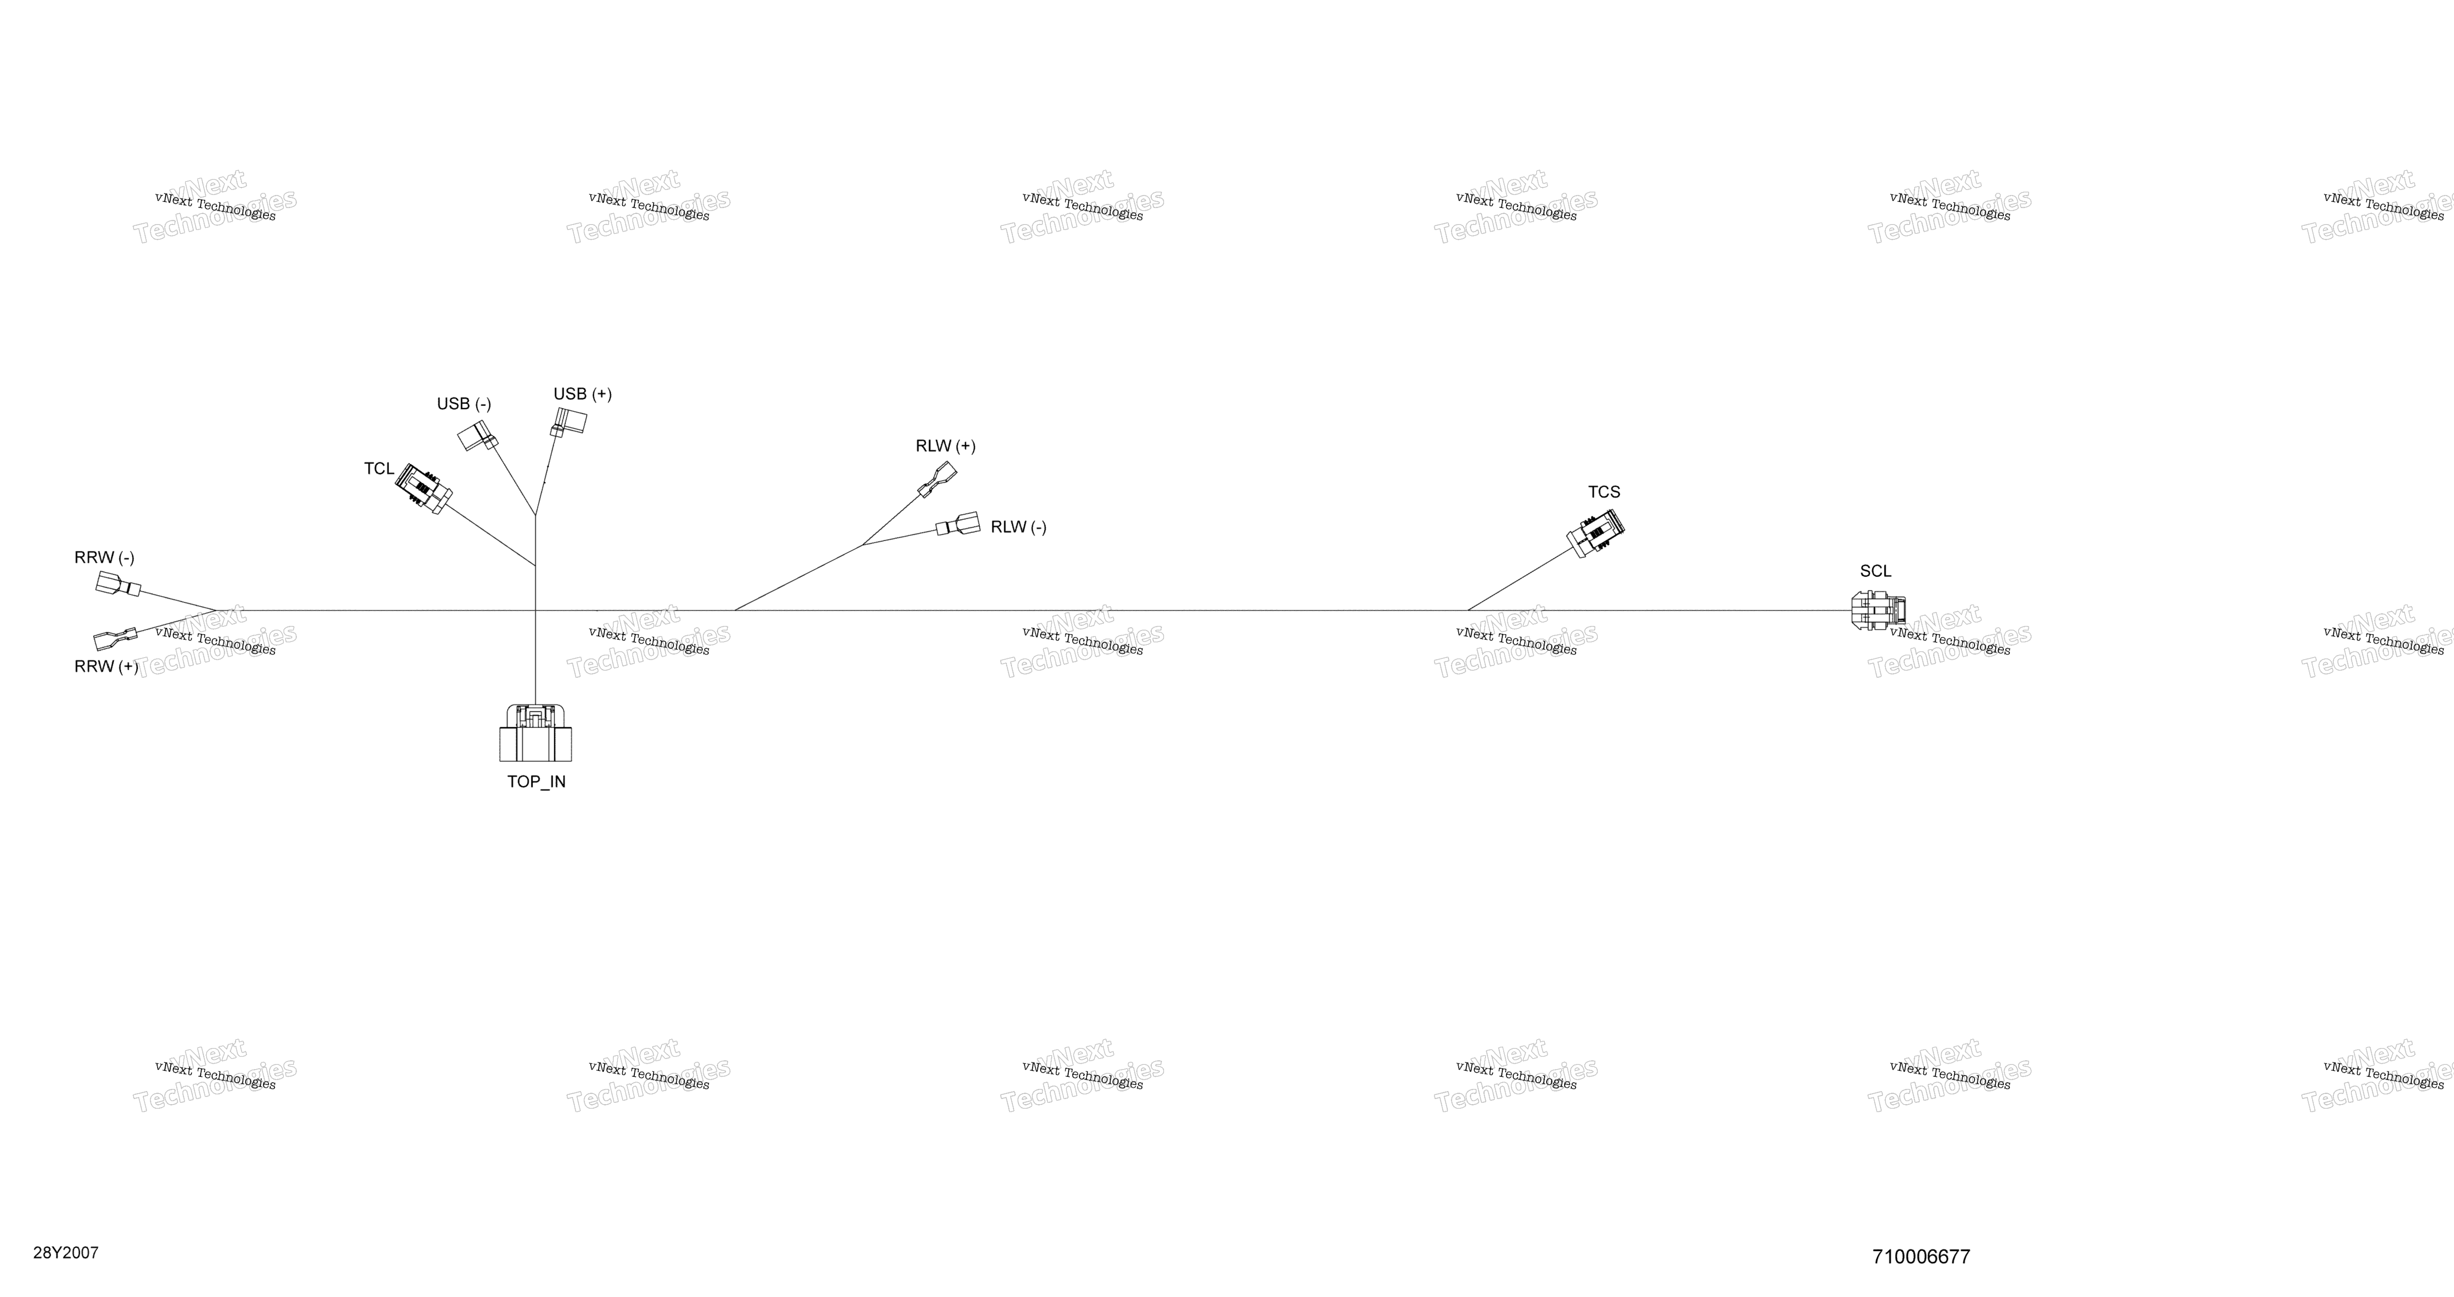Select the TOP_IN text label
click(x=536, y=782)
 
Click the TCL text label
click(x=379, y=468)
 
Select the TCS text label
click(x=1604, y=492)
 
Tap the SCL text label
click(x=1876, y=571)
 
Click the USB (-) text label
click(x=464, y=404)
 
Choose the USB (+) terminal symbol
click(x=570, y=422)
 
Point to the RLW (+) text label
click(x=946, y=446)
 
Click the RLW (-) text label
click(x=1018, y=527)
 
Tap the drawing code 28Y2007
click(x=66, y=1253)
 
